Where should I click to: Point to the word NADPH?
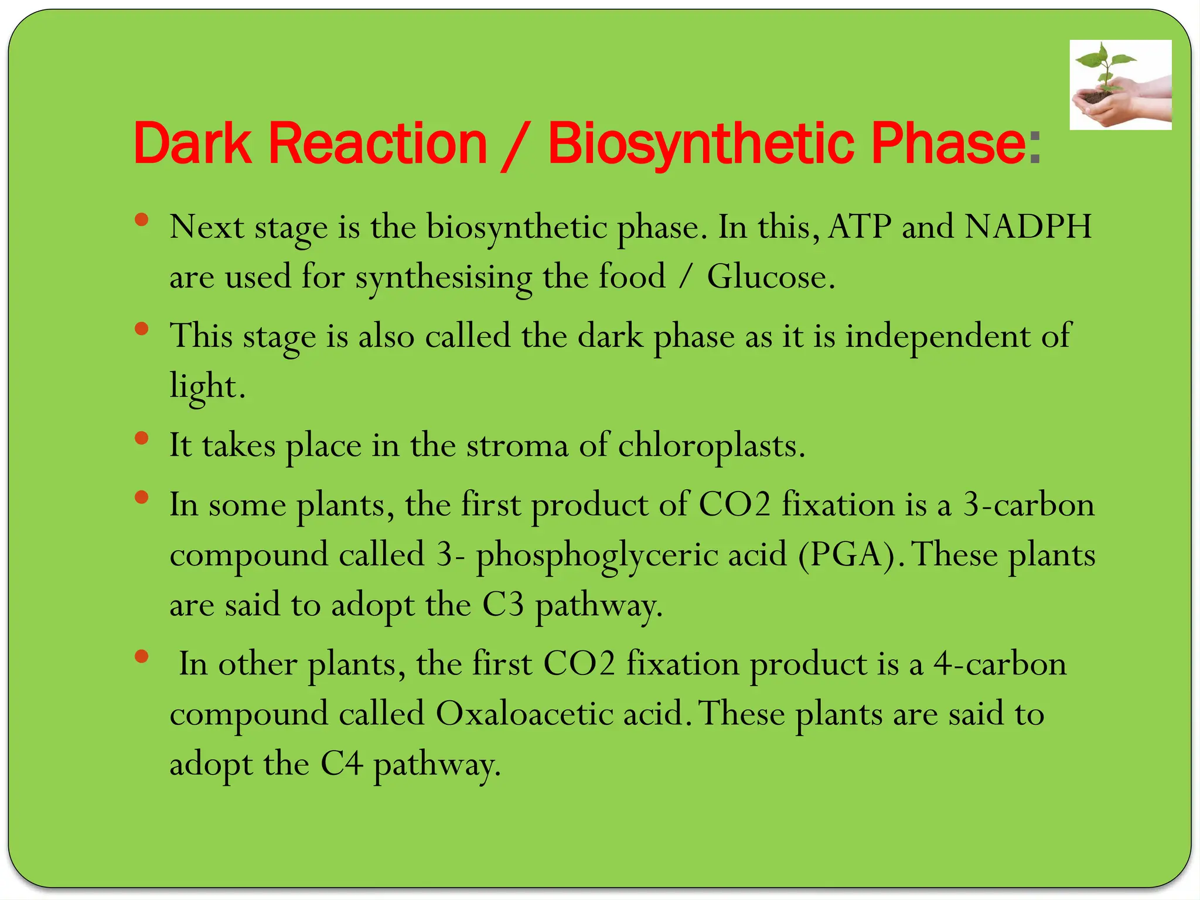[x=1028, y=227]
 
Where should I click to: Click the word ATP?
[x=860, y=227]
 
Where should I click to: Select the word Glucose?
[x=771, y=277]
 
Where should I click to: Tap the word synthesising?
[x=444, y=278]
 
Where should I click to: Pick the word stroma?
[x=517, y=445]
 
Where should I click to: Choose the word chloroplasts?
[x=711, y=446]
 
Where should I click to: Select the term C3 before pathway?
[x=503, y=605]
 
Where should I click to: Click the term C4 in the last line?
[x=342, y=764]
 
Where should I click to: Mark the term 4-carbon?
[x=1000, y=664]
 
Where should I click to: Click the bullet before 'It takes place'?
[x=141, y=438]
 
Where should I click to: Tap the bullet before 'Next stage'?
[x=141, y=220]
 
